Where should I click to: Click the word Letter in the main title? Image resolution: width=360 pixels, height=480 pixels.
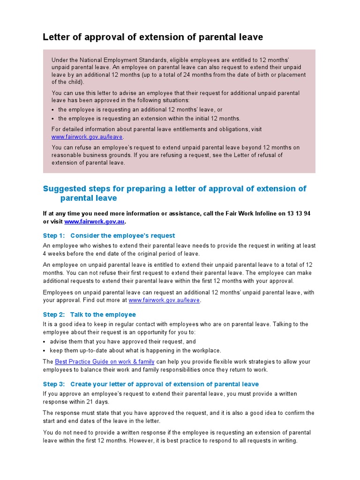[56, 37]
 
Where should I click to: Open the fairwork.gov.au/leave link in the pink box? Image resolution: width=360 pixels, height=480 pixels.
[87, 137]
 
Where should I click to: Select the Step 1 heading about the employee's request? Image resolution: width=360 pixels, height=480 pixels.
[109, 235]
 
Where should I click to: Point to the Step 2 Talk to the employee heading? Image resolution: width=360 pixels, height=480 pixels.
[89, 315]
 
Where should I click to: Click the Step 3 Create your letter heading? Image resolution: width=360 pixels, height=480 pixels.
[150, 384]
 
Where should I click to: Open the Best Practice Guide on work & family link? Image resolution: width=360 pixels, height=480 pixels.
[105, 362]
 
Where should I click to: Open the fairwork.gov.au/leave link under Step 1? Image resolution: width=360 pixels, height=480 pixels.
[164, 300]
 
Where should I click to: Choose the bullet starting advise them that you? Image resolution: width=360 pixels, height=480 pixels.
[123, 342]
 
